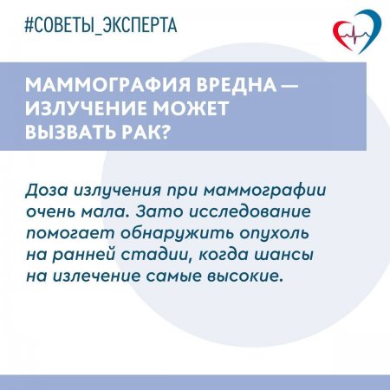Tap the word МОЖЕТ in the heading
(x=189, y=111)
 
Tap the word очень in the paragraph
(x=99, y=211)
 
